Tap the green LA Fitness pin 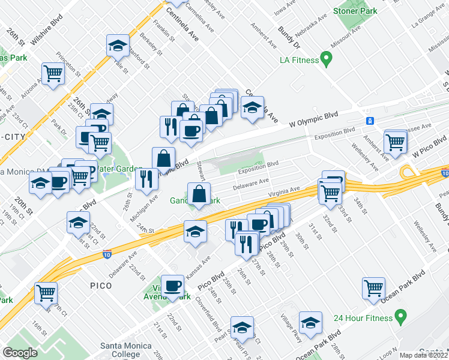pyautogui.click(x=327, y=59)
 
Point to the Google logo pyautogui.click(x=20, y=352)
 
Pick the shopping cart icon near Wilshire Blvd pyautogui.click(x=53, y=73)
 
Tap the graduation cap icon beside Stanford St pyautogui.click(x=118, y=45)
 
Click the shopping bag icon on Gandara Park pyautogui.click(x=199, y=194)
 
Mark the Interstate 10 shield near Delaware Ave pyautogui.click(x=107, y=254)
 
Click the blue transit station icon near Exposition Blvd pyautogui.click(x=370, y=121)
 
